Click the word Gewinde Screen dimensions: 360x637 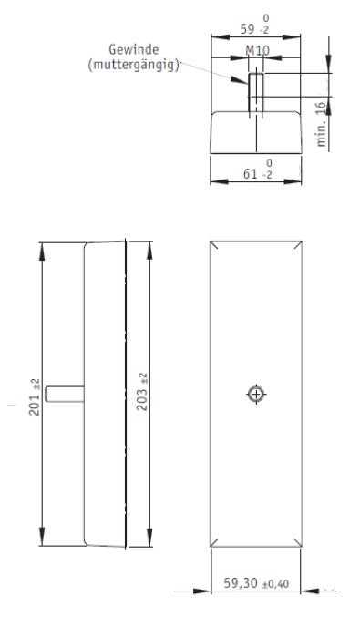[134, 50]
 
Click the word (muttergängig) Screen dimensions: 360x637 [134, 65]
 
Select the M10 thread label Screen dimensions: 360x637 [257, 51]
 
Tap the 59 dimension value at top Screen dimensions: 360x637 [248, 29]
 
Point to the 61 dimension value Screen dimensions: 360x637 [251, 174]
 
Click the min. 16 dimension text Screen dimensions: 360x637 [322, 124]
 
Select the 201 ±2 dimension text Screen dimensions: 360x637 [35, 397]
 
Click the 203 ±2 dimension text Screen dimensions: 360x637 [142, 392]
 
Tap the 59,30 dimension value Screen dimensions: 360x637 [241, 583]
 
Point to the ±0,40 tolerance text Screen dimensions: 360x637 [275, 584]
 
